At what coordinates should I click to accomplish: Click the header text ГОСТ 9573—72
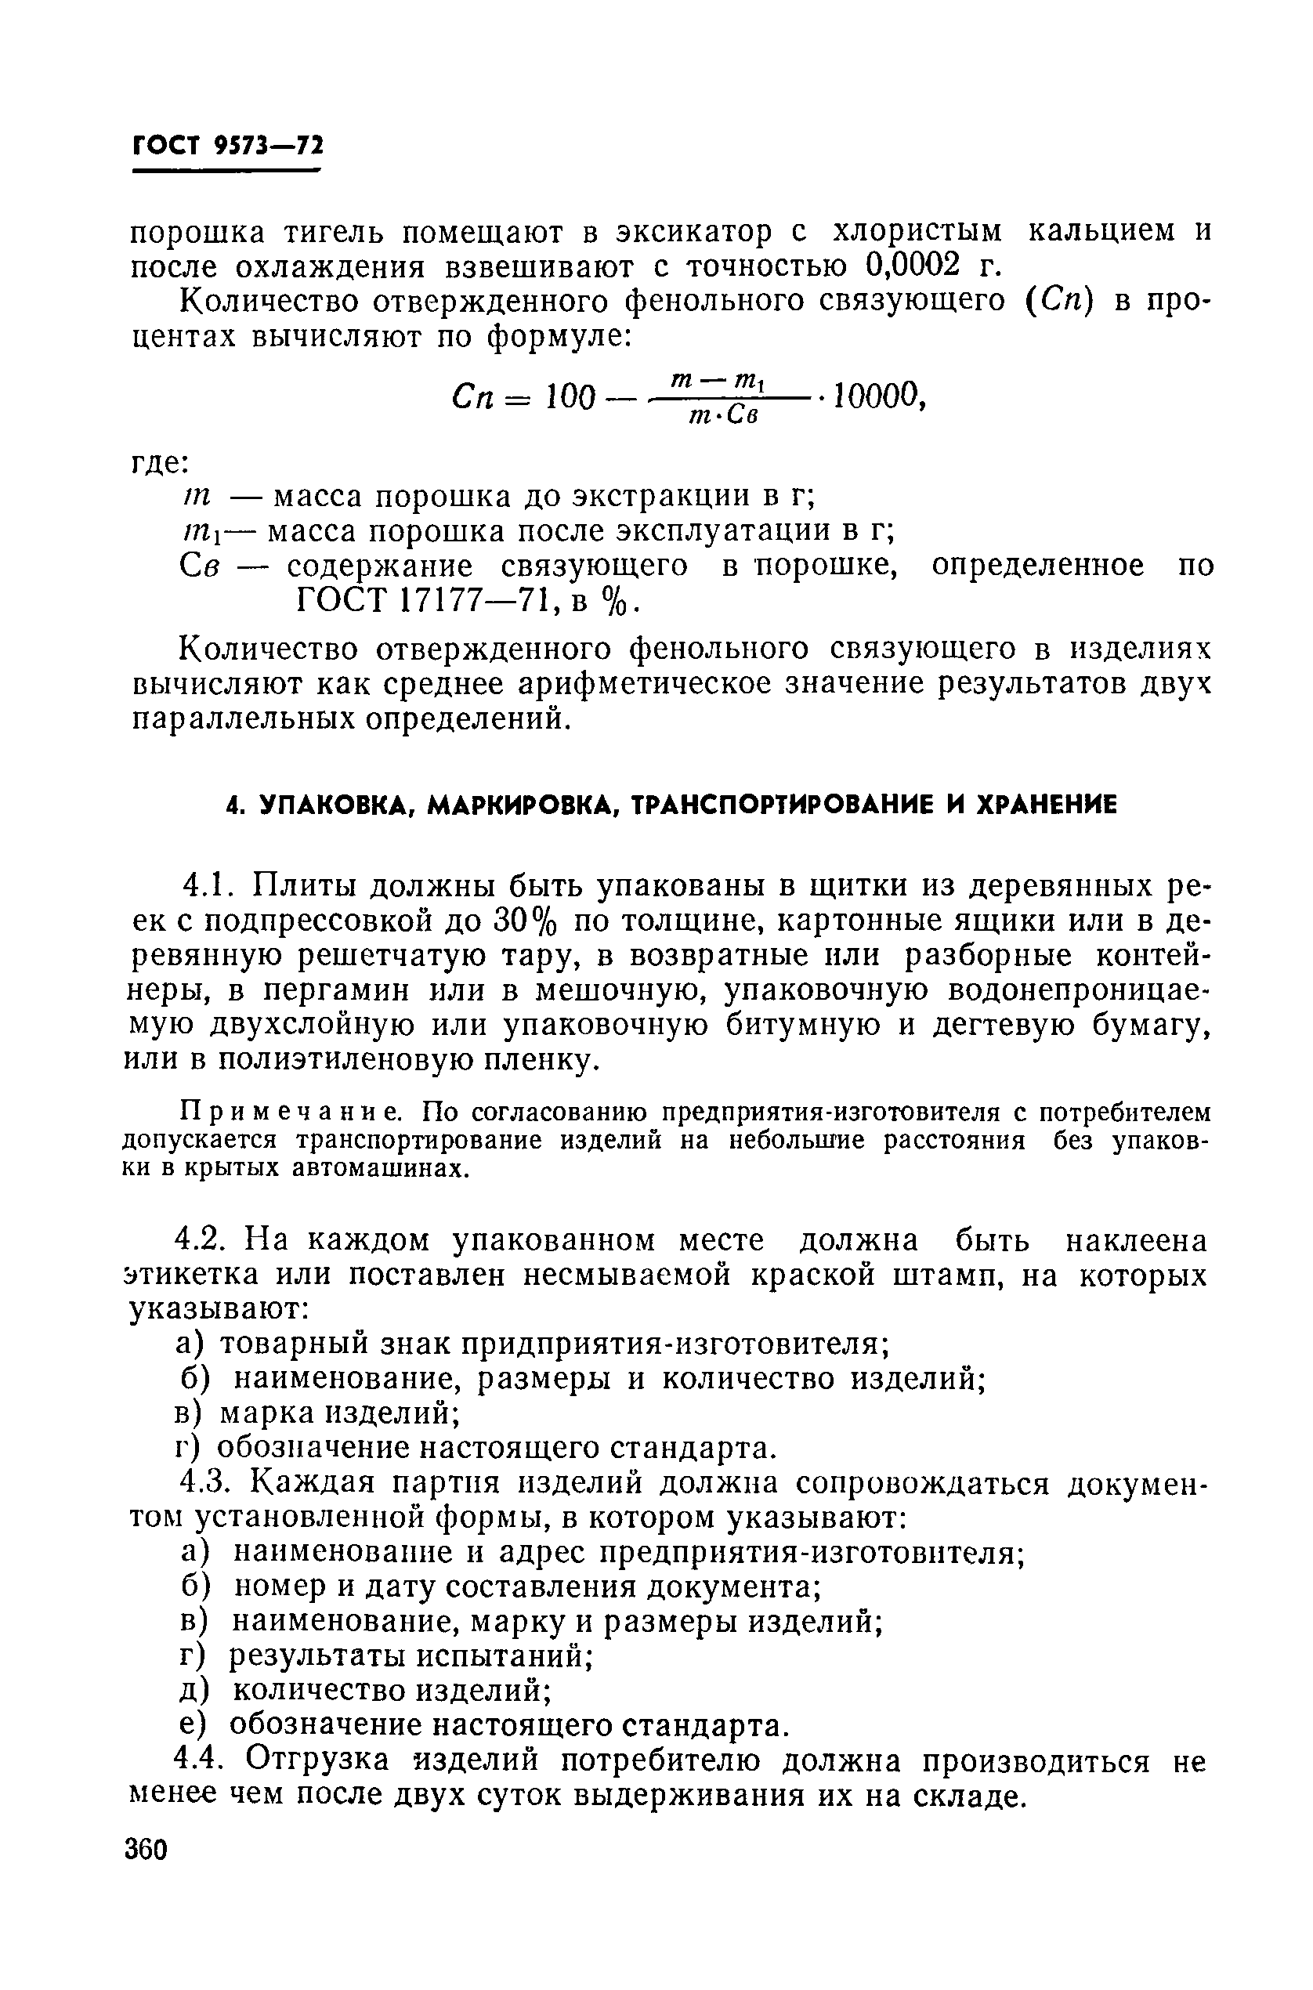(227, 147)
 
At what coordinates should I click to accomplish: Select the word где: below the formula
(161, 463)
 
